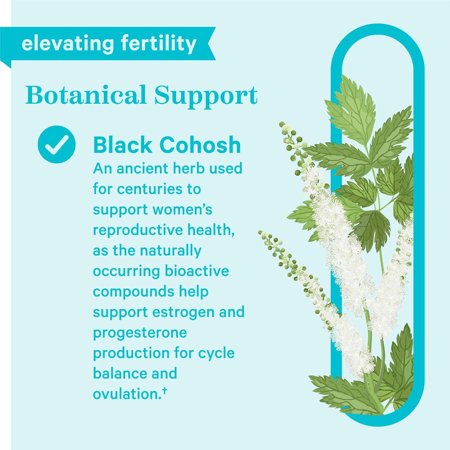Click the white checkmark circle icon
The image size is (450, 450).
(56, 145)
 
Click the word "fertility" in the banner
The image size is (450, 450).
(159, 44)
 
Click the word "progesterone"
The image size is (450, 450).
(140, 333)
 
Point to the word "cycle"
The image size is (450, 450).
(216, 353)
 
